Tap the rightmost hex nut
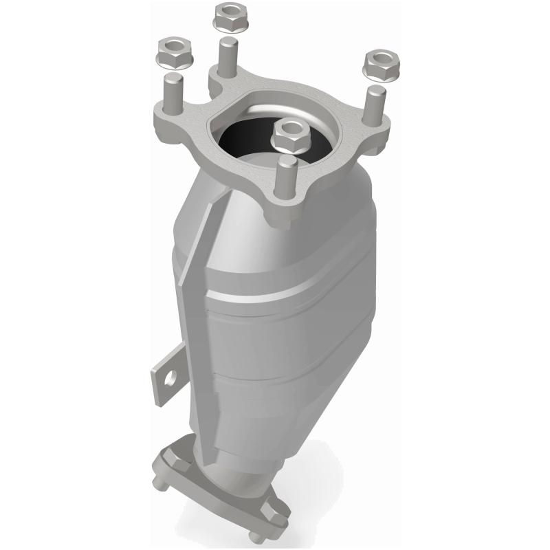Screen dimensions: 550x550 [x=376, y=64]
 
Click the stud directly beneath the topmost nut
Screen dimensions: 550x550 [x=228, y=55]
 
